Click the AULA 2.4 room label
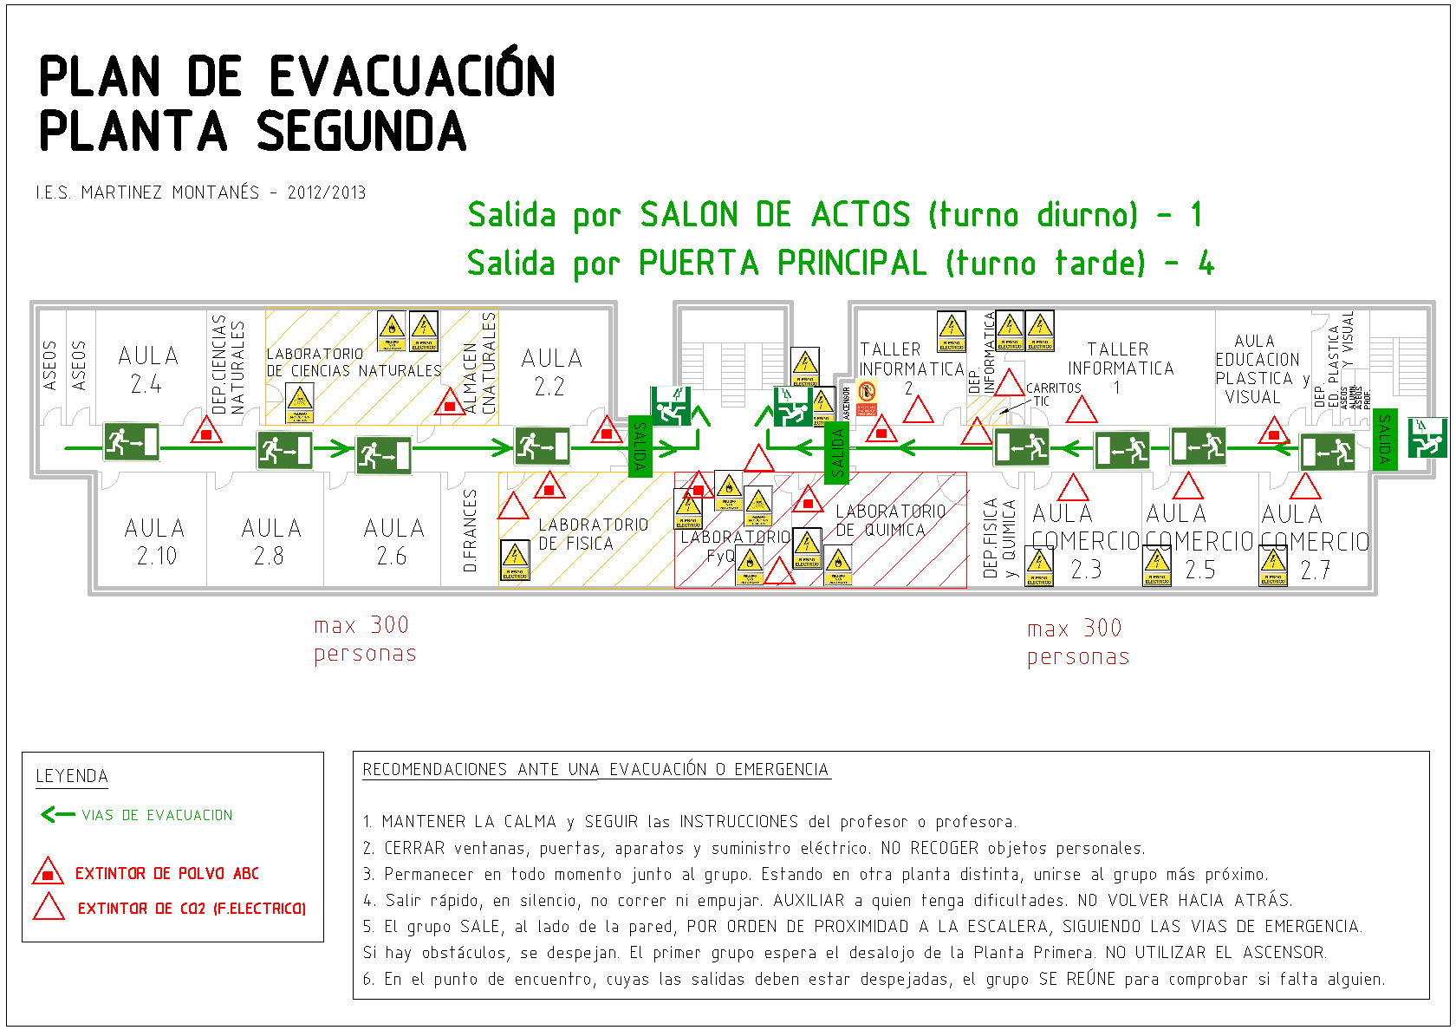click(148, 369)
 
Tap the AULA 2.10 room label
click(155, 542)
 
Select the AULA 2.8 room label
click(270, 542)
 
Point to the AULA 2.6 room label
click(393, 542)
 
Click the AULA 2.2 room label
click(551, 371)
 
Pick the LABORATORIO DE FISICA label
click(593, 534)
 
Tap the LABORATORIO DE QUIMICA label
click(890, 520)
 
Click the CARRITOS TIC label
click(1053, 394)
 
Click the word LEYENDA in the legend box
click(72, 776)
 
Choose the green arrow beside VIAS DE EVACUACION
click(58, 814)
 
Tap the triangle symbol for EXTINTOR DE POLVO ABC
click(48, 871)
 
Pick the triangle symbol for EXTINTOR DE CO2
click(49, 907)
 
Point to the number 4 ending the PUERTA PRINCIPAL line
click(1206, 263)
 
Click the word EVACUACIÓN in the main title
click(413, 75)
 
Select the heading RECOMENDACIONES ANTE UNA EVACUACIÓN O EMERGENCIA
click(595, 769)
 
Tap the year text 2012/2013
click(327, 192)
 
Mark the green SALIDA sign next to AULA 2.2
click(640, 446)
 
